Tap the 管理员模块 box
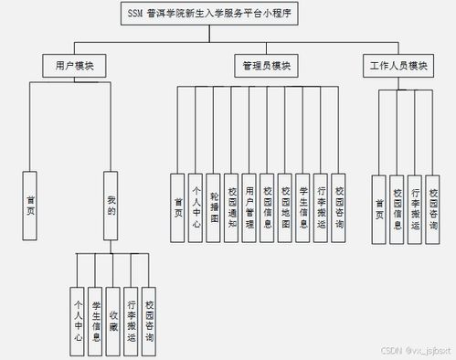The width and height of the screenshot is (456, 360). (266, 66)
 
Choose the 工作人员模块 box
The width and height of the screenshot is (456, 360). (398, 66)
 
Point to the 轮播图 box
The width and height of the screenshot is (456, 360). (213, 207)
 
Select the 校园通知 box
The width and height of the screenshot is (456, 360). (232, 207)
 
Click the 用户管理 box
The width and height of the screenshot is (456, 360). (249, 207)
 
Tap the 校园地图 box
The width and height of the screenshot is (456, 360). (285, 207)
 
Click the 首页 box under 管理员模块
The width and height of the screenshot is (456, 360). (178, 207)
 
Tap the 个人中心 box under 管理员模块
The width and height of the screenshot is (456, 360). (196, 207)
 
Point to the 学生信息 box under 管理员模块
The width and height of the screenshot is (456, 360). (302, 207)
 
